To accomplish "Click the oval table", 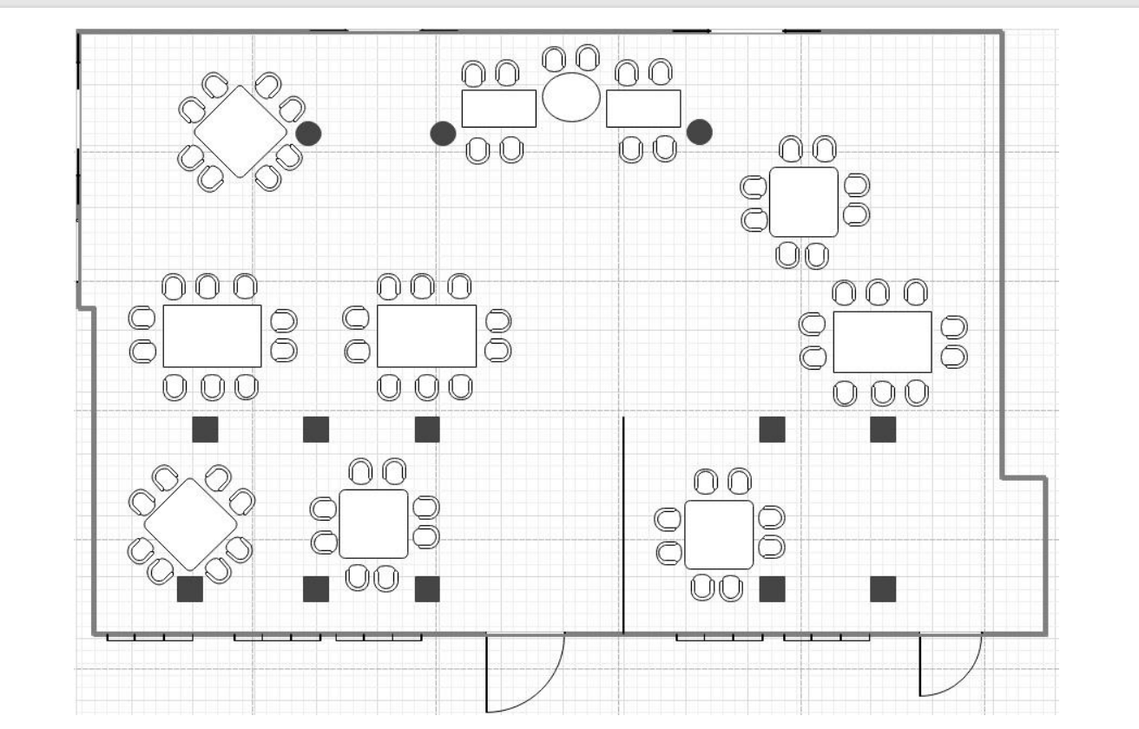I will tap(571, 97).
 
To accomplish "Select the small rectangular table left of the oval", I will tap(498, 108).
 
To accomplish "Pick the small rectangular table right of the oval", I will tap(643, 108).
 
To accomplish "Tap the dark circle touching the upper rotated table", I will tap(308, 134).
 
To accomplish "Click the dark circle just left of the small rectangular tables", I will tap(444, 134).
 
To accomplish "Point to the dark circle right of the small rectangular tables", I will tap(700, 132).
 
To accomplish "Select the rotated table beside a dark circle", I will tap(240, 131).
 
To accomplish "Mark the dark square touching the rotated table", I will tap(190, 589).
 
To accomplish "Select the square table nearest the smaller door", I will tap(719, 535).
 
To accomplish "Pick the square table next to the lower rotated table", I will tap(373, 523).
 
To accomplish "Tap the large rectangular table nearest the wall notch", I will tap(882, 342).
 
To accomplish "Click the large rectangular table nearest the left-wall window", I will tap(213, 336).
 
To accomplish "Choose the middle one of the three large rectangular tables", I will tap(426, 336).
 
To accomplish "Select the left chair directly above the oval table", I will tap(553, 59).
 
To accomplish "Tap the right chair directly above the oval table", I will tap(588, 58).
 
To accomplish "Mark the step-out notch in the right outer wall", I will tap(1024, 477).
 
